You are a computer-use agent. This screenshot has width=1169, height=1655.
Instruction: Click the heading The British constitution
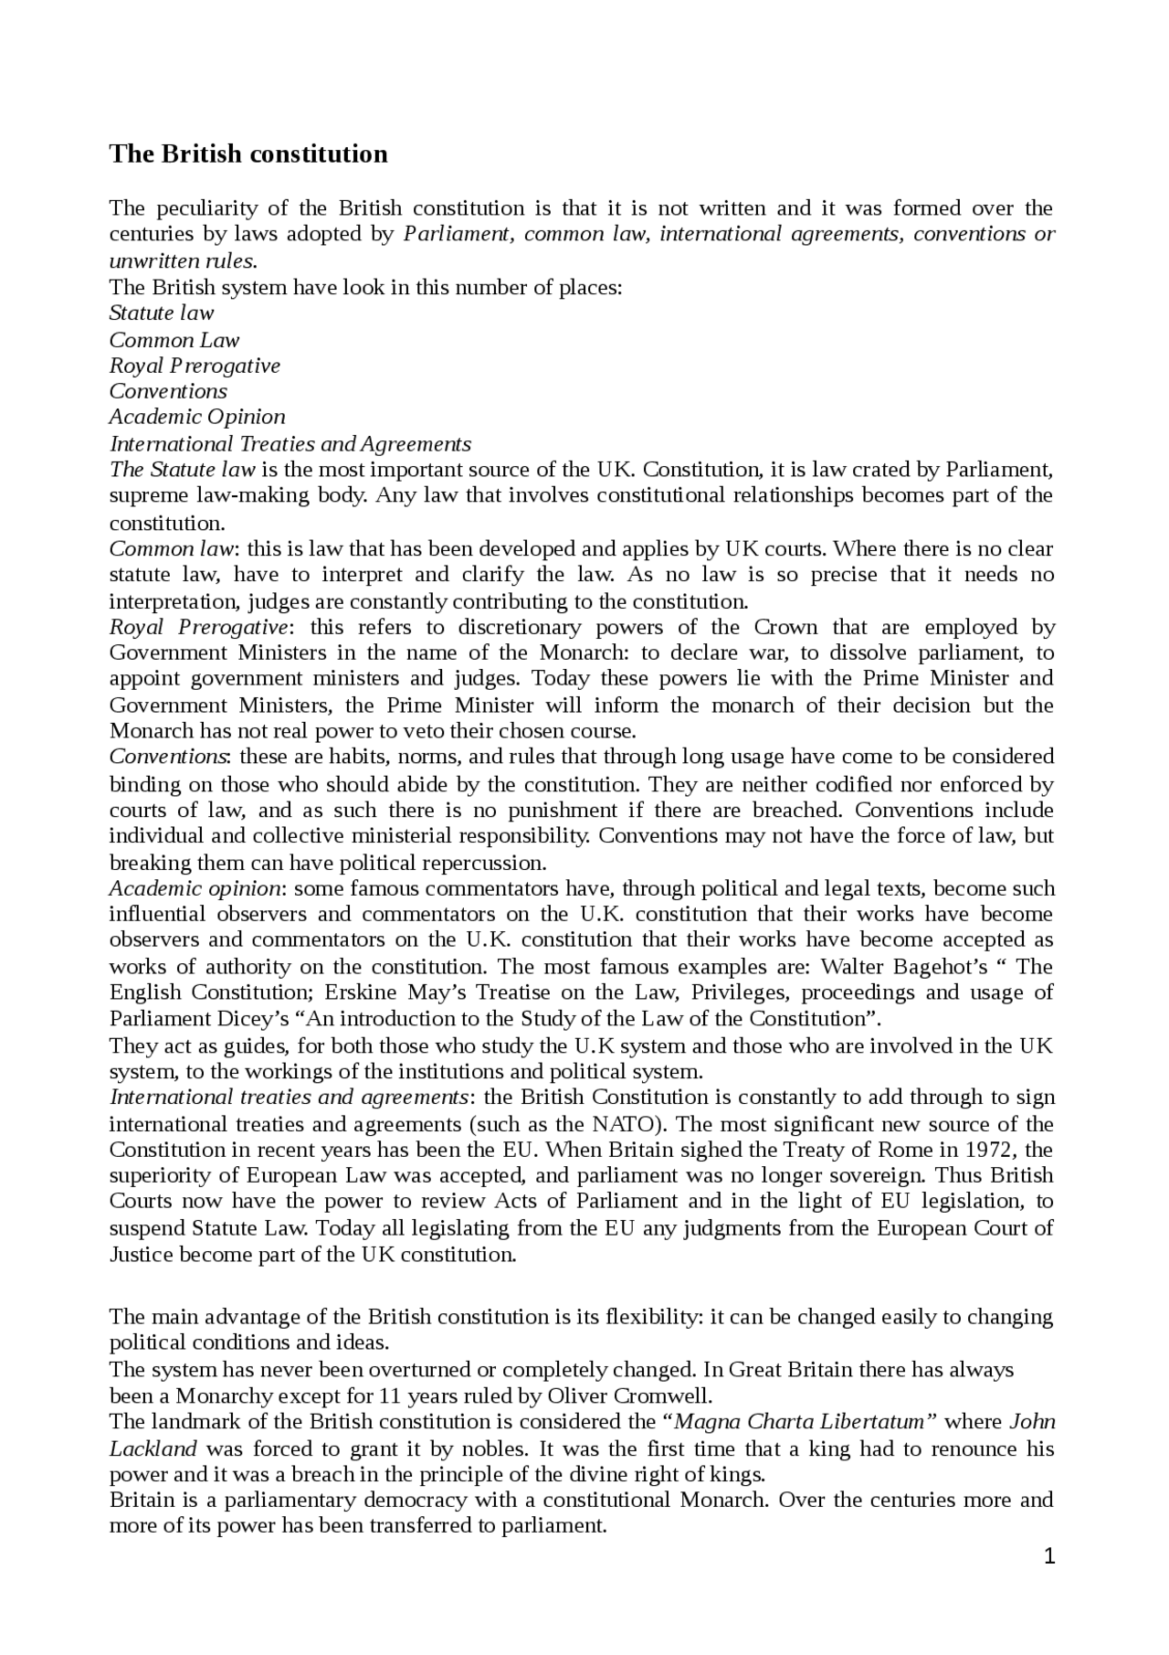click(x=248, y=154)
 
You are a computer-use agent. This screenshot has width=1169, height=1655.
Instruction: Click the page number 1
click(x=1049, y=1556)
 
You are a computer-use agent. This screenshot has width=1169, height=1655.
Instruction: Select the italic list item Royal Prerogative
click(x=195, y=366)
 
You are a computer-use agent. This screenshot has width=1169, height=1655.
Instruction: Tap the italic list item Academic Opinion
click(x=197, y=417)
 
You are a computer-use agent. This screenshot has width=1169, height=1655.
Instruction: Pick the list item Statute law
click(x=162, y=313)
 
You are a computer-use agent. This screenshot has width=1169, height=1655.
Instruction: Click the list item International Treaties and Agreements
click(x=290, y=444)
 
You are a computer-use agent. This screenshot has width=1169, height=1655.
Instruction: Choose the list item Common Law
click(x=174, y=340)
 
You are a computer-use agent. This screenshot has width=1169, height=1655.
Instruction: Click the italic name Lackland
click(x=153, y=1448)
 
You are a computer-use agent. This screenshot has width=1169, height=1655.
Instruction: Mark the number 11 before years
click(x=390, y=1395)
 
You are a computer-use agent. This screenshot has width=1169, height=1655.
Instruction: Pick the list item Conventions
click(x=169, y=391)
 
